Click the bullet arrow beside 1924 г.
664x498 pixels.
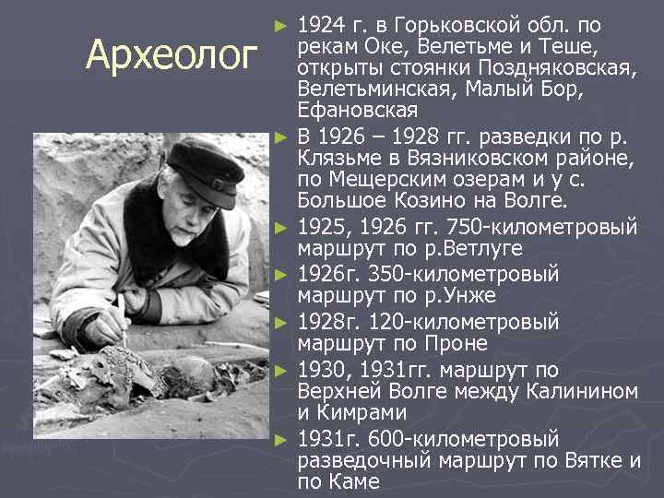click(x=283, y=21)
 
